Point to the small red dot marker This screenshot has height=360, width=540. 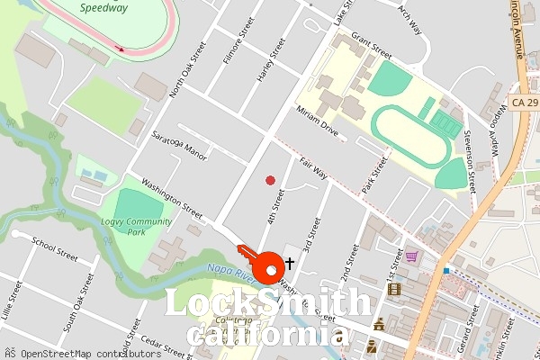(270, 181)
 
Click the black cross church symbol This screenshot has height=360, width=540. (289, 264)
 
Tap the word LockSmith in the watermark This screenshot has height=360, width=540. (267, 304)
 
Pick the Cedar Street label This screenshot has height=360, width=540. (162, 343)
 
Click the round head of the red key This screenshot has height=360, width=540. (269, 267)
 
